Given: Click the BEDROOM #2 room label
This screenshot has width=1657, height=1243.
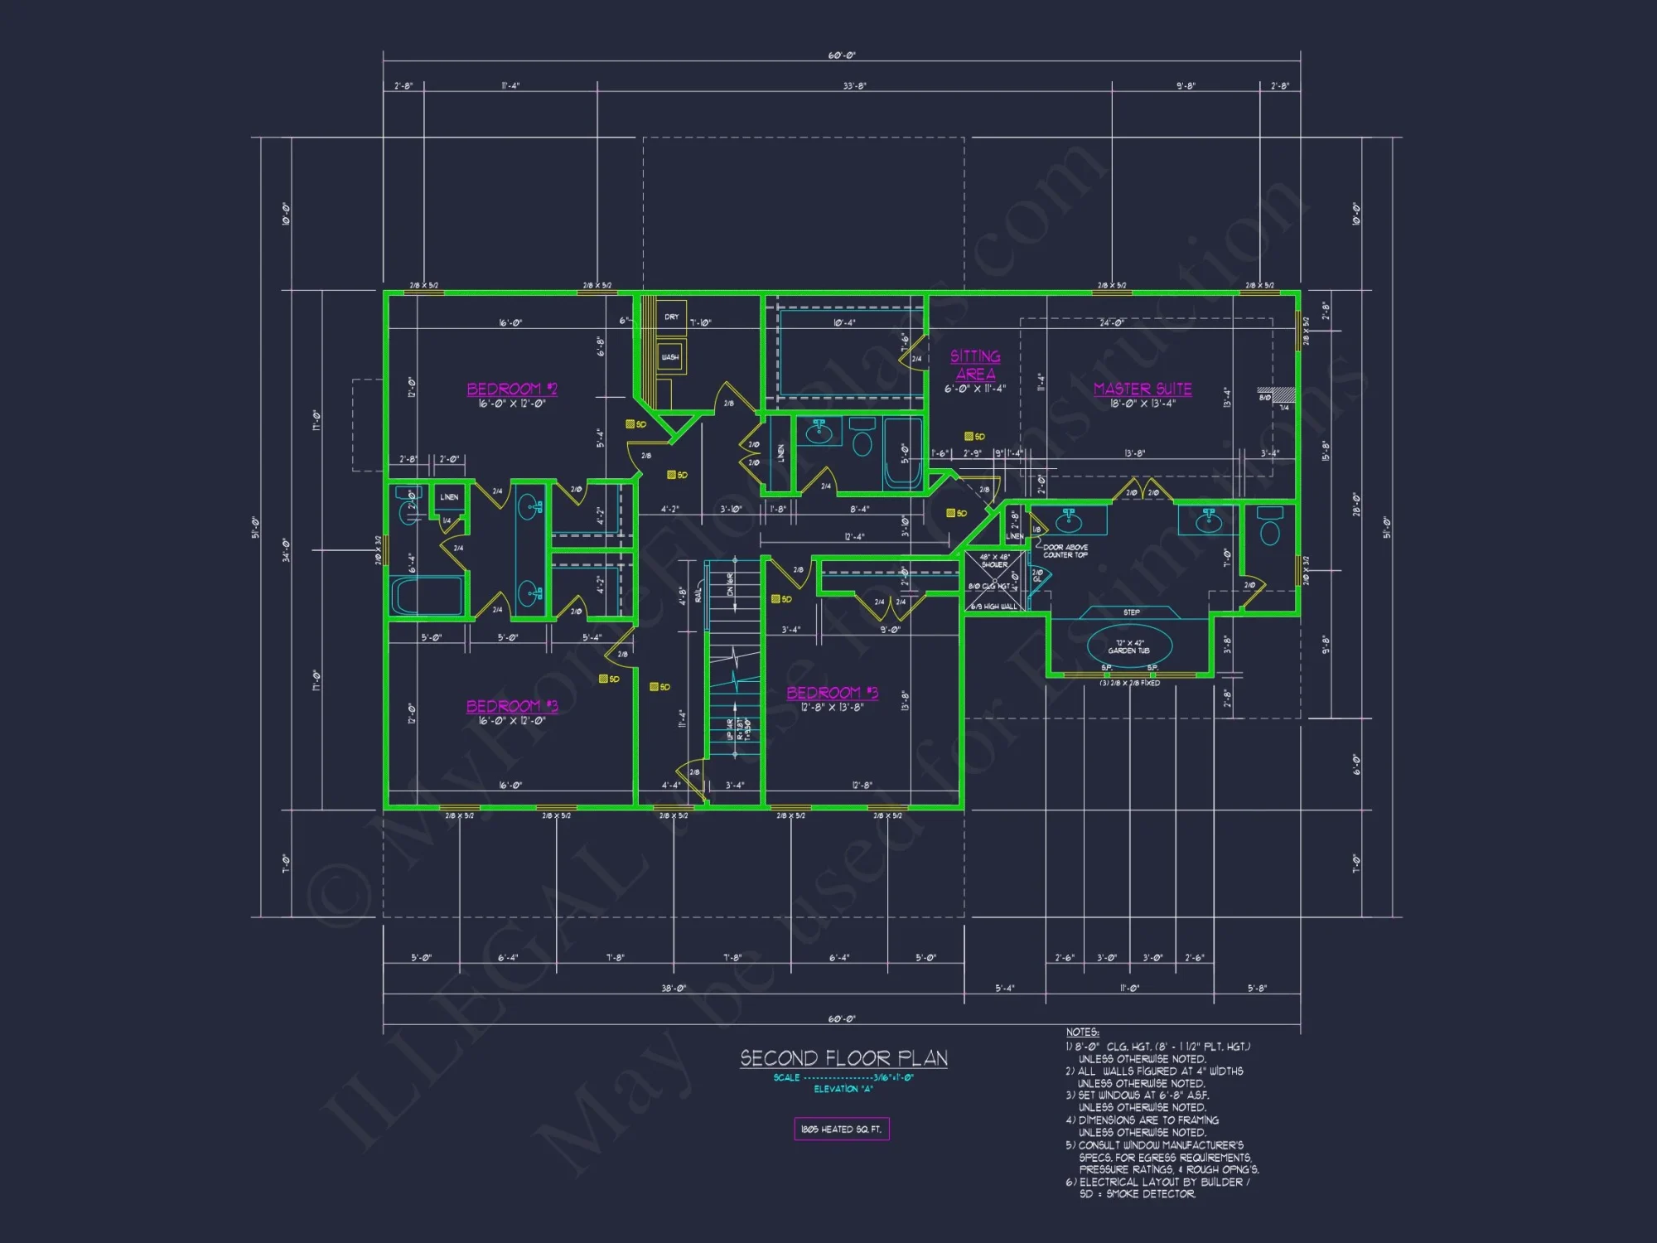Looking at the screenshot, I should [512, 389].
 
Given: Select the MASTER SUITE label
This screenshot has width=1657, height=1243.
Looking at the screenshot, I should [1143, 389].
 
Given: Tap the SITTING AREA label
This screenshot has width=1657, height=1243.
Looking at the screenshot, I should [975, 365].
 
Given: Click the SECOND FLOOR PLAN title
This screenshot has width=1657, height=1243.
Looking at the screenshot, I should [843, 1058].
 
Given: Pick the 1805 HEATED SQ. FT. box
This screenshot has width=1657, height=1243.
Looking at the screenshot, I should [841, 1129].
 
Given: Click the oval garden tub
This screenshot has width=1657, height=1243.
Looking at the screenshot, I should [1129, 646].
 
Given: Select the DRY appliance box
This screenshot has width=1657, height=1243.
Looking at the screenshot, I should [671, 317].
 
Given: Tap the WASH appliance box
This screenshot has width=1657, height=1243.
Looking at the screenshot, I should [670, 357].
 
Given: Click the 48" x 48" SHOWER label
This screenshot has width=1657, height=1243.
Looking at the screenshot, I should [994, 561].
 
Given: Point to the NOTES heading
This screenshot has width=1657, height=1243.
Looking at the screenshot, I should [1082, 1032].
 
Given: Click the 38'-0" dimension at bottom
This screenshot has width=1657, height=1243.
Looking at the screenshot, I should [674, 988].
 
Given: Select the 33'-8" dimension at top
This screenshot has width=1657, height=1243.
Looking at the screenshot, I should [854, 85].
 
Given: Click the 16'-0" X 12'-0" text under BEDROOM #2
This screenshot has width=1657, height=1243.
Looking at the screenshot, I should [512, 404].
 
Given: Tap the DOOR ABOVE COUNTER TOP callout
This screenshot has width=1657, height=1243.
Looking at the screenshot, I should [1065, 551].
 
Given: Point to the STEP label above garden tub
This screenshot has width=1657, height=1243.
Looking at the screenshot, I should [1131, 612].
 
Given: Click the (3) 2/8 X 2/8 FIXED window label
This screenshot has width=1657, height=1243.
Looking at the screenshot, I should [1129, 683].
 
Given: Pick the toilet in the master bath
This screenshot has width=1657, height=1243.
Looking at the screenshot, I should [1269, 527].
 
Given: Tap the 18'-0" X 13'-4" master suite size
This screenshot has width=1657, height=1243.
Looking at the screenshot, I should [1143, 404].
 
